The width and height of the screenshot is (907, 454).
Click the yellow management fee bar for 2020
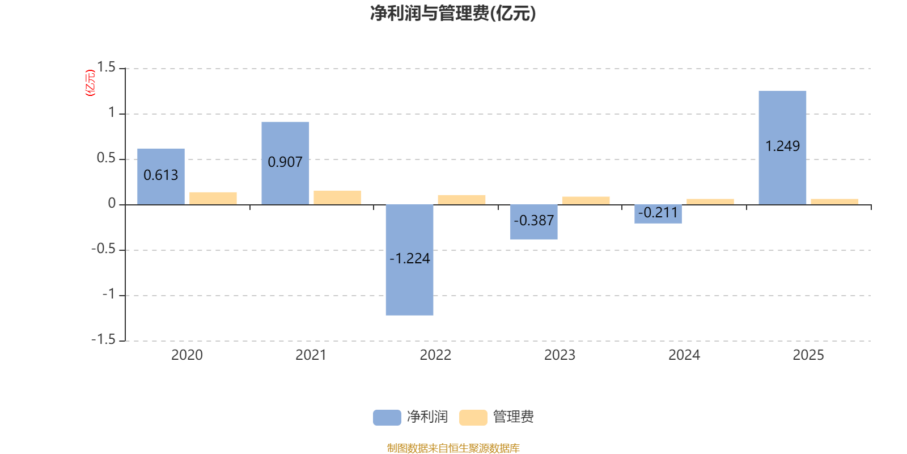(x=213, y=198)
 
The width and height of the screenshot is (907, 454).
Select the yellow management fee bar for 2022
(x=461, y=199)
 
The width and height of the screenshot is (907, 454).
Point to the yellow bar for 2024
(x=710, y=201)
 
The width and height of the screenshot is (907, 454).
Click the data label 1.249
(x=782, y=146)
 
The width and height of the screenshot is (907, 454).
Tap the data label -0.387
(x=534, y=221)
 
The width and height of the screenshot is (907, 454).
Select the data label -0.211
(x=658, y=213)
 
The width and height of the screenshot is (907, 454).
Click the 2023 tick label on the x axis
(x=560, y=355)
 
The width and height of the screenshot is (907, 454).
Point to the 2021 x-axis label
(x=311, y=355)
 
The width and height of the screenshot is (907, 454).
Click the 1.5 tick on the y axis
(x=106, y=68)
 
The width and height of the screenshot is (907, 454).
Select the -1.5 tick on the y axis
(x=103, y=339)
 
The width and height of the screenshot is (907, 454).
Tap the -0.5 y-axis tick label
(x=103, y=249)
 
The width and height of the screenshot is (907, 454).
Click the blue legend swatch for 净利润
(x=387, y=418)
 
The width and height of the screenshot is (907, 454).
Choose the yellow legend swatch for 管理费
(x=473, y=418)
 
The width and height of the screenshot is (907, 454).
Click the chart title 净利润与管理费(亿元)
(x=453, y=13)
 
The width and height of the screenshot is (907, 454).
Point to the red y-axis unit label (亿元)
(x=90, y=83)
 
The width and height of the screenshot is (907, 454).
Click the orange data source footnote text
(x=453, y=448)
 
